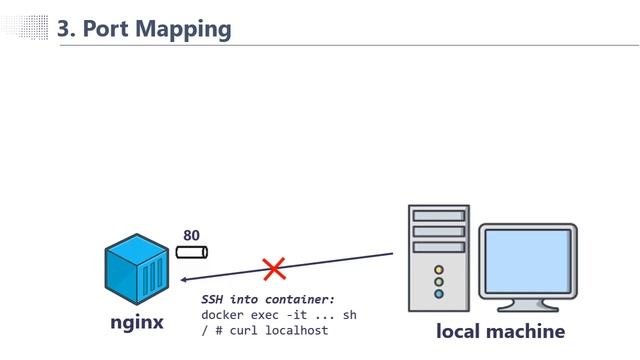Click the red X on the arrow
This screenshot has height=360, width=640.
[x=274, y=268]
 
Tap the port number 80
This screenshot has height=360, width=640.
[x=191, y=236]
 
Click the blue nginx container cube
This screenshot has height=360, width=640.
[x=135, y=269]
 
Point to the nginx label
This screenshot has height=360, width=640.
[x=136, y=323]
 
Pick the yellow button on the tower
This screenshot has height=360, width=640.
[x=438, y=269]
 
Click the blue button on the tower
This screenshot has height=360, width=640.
[x=438, y=294]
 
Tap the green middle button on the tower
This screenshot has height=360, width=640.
[x=438, y=281]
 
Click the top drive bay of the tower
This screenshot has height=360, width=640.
[x=438, y=215]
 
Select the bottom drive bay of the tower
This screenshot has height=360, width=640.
[x=438, y=246]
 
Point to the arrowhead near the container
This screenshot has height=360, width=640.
[x=186, y=279]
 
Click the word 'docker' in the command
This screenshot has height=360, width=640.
[x=222, y=314]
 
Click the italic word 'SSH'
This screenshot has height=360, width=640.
[x=213, y=299]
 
